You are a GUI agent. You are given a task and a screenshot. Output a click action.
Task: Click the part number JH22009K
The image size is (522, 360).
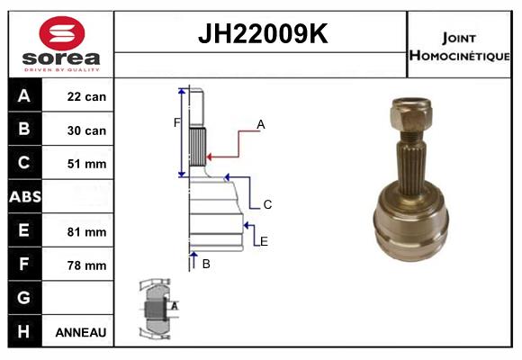click(x=262, y=35)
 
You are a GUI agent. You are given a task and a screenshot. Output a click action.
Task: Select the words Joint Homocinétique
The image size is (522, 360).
click(x=461, y=47)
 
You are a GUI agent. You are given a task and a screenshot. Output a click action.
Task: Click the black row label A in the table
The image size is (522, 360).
click(x=24, y=96)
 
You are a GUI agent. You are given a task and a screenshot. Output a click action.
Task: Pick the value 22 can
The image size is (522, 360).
click(x=86, y=96)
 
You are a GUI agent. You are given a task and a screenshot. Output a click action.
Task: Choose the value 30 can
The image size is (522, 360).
click(x=86, y=130)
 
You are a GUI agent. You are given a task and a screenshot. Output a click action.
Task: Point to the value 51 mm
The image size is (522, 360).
click(x=86, y=164)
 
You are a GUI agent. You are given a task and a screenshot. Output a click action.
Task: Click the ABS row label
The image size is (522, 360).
click(x=24, y=197)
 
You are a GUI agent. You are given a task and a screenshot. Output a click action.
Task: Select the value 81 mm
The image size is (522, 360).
click(x=86, y=231)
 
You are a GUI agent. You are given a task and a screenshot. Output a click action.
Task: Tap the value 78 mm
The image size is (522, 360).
click(x=86, y=265)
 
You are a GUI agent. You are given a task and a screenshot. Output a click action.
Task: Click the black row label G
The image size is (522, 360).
click(x=24, y=298)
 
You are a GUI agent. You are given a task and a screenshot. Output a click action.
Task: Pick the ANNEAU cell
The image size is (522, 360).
click(x=81, y=332)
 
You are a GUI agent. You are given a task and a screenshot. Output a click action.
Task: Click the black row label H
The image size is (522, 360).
click(x=24, y=332)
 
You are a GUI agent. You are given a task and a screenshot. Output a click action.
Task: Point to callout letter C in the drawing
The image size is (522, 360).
click(x=267, y=205)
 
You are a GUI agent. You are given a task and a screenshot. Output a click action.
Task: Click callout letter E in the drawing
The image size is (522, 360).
click(x=264, y=240)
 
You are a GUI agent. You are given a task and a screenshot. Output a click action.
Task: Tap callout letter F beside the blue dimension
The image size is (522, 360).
click(x=176, y=122)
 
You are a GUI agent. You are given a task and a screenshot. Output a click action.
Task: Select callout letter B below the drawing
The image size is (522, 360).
click(x=206, y=264)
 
